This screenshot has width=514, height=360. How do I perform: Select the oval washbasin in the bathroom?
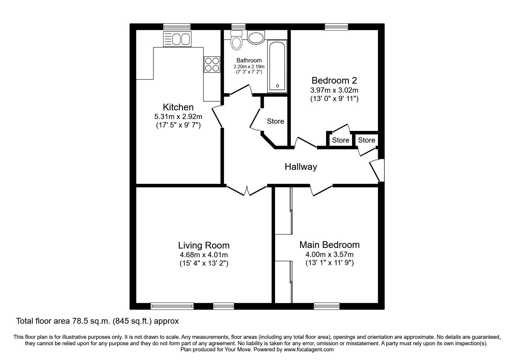click(x=256, y=37)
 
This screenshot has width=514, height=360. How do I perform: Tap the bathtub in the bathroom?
click(x=277, y=66)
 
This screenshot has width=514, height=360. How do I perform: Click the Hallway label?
click(x=301, y=167)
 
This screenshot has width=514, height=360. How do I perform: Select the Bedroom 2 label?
click(x=334, y=80)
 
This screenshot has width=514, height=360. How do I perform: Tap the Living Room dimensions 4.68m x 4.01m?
click(x=203, y=255)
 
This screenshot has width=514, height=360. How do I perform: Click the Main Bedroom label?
click(x=329, y=245)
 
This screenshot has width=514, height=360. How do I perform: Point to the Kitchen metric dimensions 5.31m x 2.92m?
click(x=178, y=117)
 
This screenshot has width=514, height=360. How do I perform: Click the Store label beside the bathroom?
click(x=275, y=121)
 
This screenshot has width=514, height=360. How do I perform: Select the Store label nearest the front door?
click(x=366, y=140)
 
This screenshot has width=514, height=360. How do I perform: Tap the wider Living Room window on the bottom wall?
click(x=172, y=306)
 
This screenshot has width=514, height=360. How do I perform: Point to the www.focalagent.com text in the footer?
click(x=309, y=350)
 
